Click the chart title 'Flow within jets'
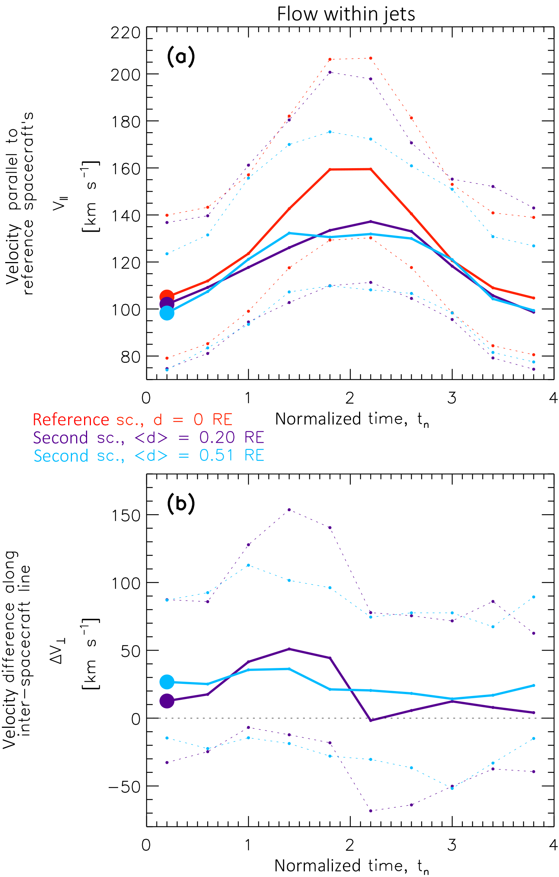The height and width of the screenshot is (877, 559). (x=346, y=14)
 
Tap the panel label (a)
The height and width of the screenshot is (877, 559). (x=181, y=57)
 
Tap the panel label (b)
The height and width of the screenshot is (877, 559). (x=181, y=504)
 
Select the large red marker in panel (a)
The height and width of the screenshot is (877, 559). (x=167, y=297)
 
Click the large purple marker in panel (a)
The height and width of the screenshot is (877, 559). (x=167, y=304)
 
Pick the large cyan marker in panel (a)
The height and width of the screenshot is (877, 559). (x=167, y=313)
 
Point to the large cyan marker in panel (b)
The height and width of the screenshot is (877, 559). (x=167, y=682)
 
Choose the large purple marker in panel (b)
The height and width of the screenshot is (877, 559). (x=167, y=701)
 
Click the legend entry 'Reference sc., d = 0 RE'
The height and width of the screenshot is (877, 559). (x=132, y=420)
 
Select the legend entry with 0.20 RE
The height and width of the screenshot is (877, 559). (x=148, y=438)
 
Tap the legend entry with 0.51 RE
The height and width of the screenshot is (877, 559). (x=148, y=456)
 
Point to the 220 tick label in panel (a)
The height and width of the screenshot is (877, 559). (x=125, y=33)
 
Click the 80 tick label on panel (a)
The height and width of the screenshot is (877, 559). (x=130, y=357)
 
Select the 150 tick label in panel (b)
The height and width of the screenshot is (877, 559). (x=125, y=515)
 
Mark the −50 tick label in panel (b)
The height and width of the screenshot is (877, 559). (x=124, y=787)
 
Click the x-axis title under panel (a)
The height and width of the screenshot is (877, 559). (x=352, y=420)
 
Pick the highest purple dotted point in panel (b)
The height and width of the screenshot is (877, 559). (x=289, y=510)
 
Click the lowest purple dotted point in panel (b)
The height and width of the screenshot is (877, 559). (x=370, y=811)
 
